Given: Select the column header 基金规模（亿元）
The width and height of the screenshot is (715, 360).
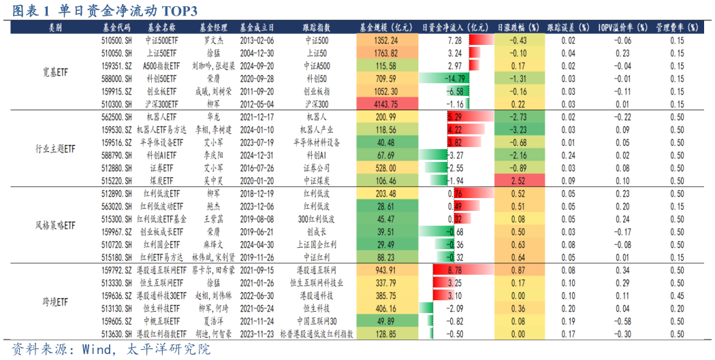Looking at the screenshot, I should [386, 28].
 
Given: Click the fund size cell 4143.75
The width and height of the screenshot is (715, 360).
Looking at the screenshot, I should [386, 103].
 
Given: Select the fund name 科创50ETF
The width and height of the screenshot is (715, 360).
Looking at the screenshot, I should [161, 78].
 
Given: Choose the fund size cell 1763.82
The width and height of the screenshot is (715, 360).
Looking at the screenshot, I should [386, 53].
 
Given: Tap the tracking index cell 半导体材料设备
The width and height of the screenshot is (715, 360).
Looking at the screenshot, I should [317, 142].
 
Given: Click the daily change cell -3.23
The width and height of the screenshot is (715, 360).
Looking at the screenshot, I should [518, 129].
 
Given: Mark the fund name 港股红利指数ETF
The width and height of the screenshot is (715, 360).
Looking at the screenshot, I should [161, 333].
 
